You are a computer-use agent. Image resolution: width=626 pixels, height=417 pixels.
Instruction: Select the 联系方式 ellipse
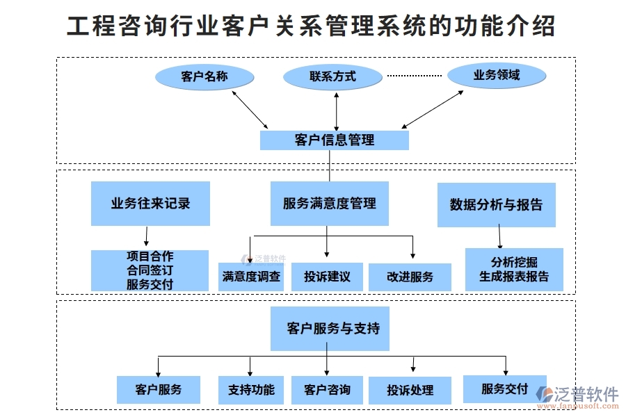pyautogui.click(x=333, y=76)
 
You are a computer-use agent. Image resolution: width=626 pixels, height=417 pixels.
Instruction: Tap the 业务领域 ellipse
pyautogui.click(x=497, y=75)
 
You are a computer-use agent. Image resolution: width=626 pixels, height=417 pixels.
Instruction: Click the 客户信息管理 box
pyautogui.click(x=334, y=140)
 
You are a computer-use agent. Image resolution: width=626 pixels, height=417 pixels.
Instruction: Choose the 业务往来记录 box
pyautogui.click(x=150, y=204)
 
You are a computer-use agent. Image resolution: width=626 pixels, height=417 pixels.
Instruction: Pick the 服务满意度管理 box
pyautogui.click(x=329, y=204)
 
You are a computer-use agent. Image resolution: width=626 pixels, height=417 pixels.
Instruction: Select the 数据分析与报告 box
pyautogui.click(x=496, y=204)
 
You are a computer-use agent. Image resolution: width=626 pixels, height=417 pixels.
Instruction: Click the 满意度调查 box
pyautogui.click(x=251, y=277)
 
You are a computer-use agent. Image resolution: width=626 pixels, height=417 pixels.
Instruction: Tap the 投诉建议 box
pyautogui.click(x=327, y=277)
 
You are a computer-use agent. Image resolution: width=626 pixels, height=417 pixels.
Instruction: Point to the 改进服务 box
pyautogui.click(x=410, y=277)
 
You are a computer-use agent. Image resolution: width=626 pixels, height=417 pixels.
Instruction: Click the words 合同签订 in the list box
pyautogui.click(x=150, y=270)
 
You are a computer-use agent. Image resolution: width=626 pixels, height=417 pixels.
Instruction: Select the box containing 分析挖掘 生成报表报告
pyautogui.click(x=514, y=270)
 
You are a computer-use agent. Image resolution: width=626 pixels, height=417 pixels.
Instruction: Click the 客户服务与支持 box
pyautogui.click(x=330, y=329)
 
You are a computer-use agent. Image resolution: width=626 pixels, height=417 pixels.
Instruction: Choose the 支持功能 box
pyautogui.click(x=251, y=390)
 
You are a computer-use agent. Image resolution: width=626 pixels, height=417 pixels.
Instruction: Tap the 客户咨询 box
pyautogui.click(x=327, y=390)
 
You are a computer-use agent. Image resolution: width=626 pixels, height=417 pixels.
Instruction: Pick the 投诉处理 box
pyautogui.click(x=410, y=391)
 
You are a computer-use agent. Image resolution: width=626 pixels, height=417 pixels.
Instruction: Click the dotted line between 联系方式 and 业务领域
pyautogui.click(x=415, y=75)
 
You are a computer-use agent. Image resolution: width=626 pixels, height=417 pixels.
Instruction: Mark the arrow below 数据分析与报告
pyautogui.click(x=499, y=238)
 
